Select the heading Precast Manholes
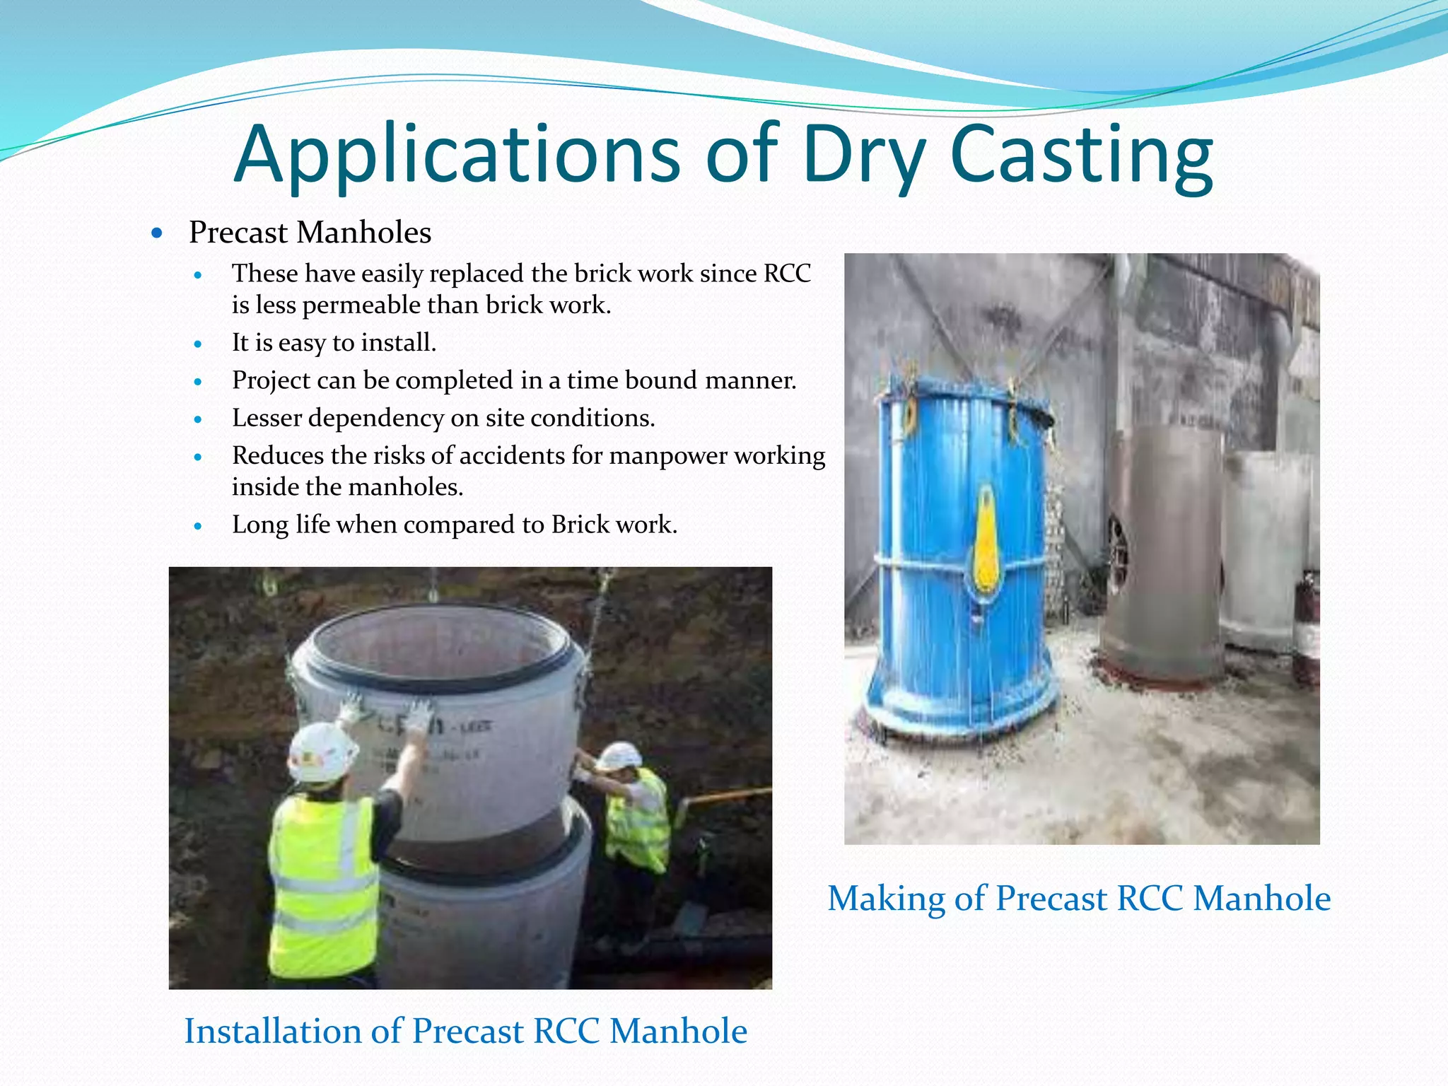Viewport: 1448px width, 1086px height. coord(310,233)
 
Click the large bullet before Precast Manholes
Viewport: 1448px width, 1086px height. coord(157,233)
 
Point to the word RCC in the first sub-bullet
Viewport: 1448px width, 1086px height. coord(787,274)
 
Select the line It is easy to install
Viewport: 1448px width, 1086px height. coord(334,343)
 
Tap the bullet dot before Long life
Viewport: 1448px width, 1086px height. coord(198,526)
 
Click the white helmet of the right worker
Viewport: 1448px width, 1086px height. coord(619,756)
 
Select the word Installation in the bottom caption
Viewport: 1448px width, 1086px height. coord(272,1031)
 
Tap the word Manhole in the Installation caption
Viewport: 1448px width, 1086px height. coord(677,1031)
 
